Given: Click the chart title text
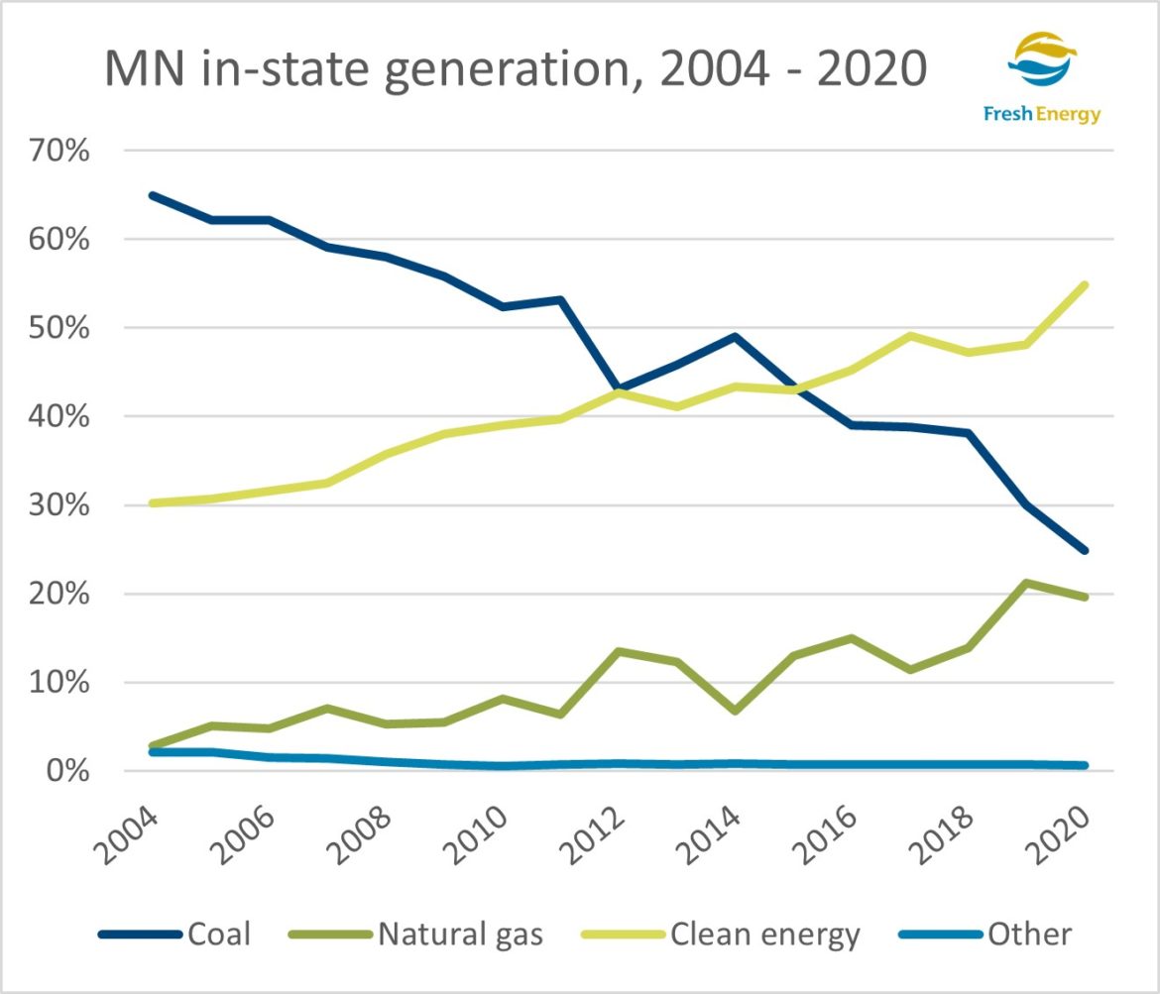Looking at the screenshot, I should pos(517,71).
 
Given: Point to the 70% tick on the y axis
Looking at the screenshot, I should pos(62,152).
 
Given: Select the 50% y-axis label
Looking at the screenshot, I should pos(62,329).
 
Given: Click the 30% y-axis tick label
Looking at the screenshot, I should pos(62,506).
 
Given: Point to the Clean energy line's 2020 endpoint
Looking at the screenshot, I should pos(1087,285).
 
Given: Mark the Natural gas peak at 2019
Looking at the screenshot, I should pos(1028,583).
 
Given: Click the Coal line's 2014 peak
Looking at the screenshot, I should pos(736,337).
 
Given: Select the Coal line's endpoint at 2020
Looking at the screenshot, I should pos(1087,550).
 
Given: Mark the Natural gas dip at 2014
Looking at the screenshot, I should pos(736,711).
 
